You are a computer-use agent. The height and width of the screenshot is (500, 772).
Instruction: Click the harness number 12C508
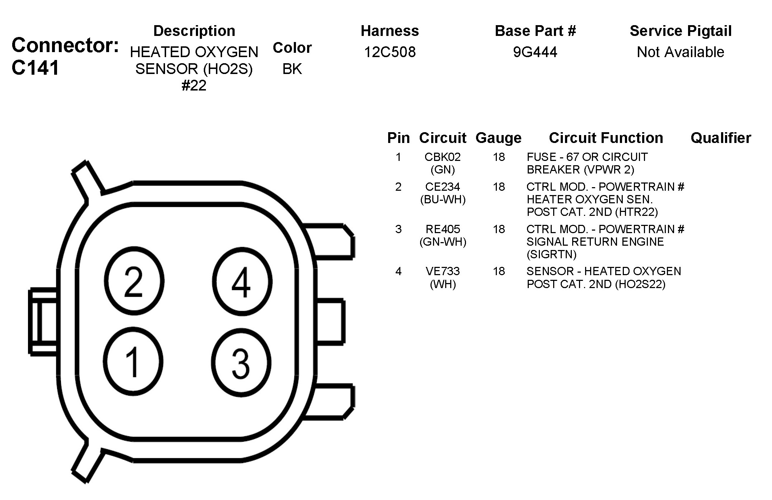click(x=390, y=52)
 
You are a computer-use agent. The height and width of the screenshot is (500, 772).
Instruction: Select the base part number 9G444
click(x=535, y=52)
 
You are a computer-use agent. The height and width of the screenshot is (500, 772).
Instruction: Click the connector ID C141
click(x=35, y=68)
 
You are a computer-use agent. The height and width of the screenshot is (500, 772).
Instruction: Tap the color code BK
click(x=292, y=69)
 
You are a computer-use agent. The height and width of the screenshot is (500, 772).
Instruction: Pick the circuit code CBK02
click(x=443, y=157)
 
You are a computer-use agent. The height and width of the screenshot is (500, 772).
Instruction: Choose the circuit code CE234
click(x=443, y=187)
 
